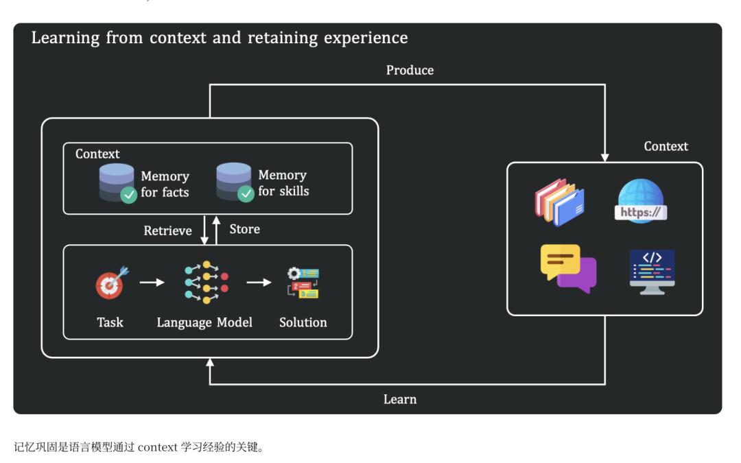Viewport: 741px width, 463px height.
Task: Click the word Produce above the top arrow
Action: coord(410,70)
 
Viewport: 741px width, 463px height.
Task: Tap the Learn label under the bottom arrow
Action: coord(399,399)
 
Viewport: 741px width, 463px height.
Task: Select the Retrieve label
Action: coord(168,231)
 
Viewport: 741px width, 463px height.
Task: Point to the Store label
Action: coord(244,228)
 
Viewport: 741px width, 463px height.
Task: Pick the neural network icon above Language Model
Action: coord(205,282)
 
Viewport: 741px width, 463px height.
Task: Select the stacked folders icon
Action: coord(559,202)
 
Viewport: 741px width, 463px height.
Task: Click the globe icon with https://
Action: coord(640,200)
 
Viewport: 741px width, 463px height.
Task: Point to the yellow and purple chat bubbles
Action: coord(568,268)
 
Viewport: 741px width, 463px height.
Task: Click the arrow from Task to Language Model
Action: coord(152,282)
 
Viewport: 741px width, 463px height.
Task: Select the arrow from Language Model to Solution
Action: coord(259,282)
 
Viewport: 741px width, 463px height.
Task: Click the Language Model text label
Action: coord(204,322)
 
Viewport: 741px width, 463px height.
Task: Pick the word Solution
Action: coord(303,322)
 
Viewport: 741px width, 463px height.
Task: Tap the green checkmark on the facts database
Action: coord(128,195)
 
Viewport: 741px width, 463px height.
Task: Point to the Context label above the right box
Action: coord(666,146)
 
